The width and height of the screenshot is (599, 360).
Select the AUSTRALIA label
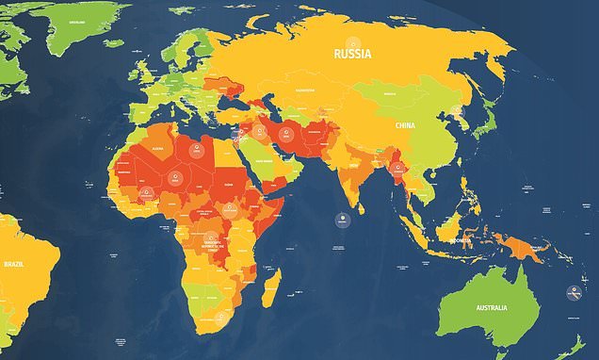click(x=491, y=308)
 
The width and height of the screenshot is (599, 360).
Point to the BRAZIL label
click(x=13, y=266)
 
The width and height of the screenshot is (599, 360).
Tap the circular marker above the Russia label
click(x=354, y=41)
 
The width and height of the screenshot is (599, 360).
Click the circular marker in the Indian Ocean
click(x=342, y=221)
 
